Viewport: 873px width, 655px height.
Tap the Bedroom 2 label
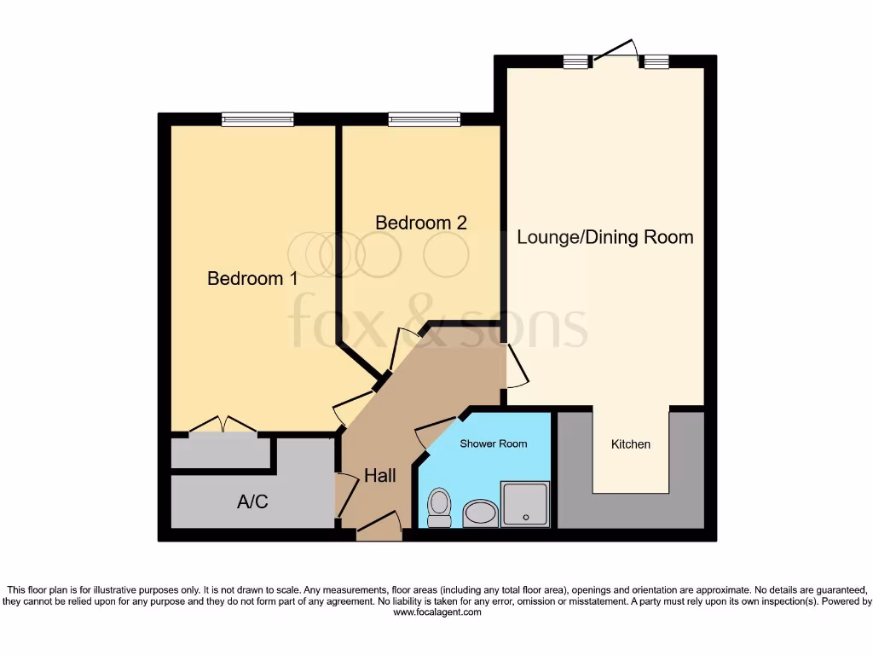click(x=421, y=223)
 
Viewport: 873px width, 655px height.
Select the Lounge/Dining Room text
click(x=605, y=237)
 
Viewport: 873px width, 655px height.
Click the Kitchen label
click(x=631, y=444)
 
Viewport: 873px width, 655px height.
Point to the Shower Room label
click(x=494, y=443)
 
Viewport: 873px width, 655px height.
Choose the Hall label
click(x=379, y=476)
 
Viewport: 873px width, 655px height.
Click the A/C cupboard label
click(x=252, y=502)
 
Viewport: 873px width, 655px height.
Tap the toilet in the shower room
click(x=439, y=508)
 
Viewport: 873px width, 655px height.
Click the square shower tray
click(x=525, y=504)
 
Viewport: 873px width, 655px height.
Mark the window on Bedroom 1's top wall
click(x=257, y=119)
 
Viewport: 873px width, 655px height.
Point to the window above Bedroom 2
click(x=424, y=119)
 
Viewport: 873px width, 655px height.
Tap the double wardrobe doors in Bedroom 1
click(x=223, y=424)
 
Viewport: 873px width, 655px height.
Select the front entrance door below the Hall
click(x=379, y=525)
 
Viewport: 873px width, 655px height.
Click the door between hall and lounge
click(x=517, y=367)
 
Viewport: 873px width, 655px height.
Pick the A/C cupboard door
click(x=346, y=496)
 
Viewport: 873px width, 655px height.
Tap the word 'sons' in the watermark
click(x=537, y=323)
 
